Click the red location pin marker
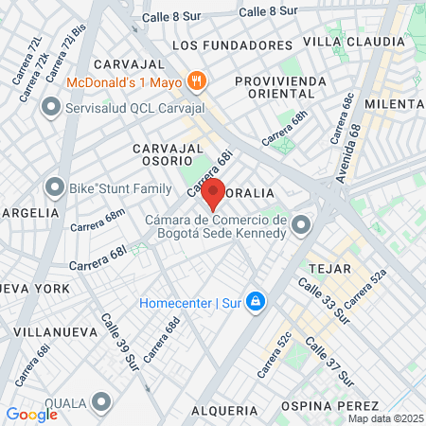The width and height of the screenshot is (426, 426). click(x=213, y=192)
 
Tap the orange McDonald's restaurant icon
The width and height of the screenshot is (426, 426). click(x=197, y=80)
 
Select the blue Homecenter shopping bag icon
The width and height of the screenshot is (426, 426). click(x=254, y=303)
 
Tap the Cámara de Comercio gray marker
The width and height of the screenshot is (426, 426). click(x=301, y=225)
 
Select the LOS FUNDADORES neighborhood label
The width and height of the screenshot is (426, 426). click(x=233, y=44)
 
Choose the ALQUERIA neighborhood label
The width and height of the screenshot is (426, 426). click(x=224, y=410)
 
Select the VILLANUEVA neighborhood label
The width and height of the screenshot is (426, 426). click(x=48, y=332)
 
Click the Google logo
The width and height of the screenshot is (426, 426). click(x=32, y=414)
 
